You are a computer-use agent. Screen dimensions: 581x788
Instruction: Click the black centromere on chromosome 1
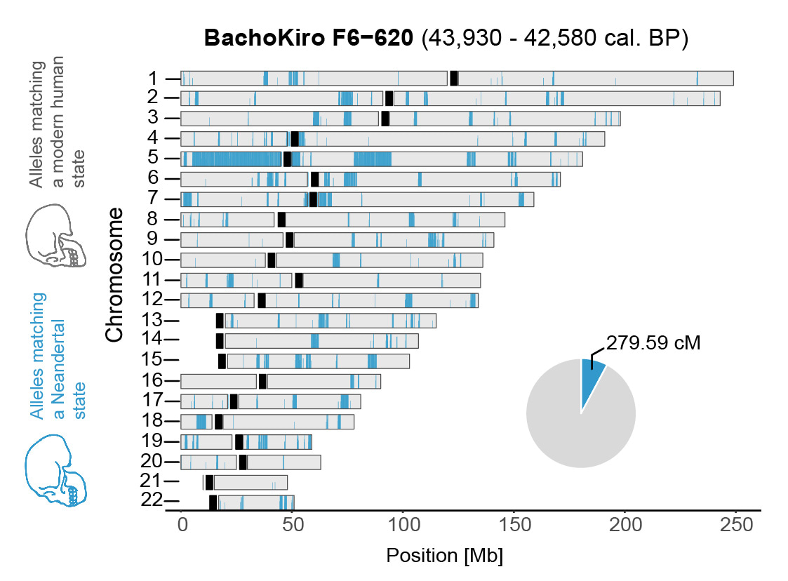tap(454, 79)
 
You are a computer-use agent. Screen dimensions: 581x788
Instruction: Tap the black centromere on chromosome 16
tap(262, 381)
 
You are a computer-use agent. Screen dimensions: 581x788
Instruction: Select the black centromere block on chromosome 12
tap(262, 300)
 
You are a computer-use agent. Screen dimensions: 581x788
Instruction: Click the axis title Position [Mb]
tap(445, 556)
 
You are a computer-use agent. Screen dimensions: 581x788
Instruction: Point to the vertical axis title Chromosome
tap(114, 274)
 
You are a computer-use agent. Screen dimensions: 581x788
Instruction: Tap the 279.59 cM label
tap(653, 344)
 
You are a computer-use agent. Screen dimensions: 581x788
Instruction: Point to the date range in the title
tap(554, 39)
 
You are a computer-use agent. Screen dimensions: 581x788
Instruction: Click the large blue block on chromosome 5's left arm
tap(236, 159)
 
